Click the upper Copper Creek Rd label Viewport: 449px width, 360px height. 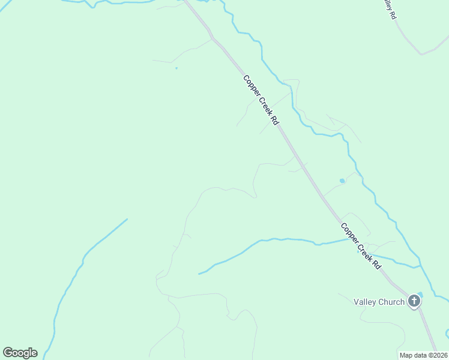(x=261, y=100)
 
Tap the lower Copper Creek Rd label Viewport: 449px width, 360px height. (x=361, y=246)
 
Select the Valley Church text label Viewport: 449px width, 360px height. (x=379, y=302)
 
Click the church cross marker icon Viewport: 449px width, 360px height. (x=414, y=301)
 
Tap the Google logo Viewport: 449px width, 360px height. (x=20, y=353)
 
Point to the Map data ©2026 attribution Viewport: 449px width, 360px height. (x=423, y=355)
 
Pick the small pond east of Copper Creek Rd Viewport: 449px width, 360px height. (x=342, y=180)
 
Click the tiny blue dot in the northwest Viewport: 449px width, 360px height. (x=176, y=68)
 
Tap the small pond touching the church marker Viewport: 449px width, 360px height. (x=420, y=294)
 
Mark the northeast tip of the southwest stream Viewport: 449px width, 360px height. (x=127, y=219)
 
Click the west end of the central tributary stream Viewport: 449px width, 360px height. (x=199, y=274)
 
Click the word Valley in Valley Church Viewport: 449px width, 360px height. (x=365, y=302)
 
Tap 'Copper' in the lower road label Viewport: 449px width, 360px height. (x=350, y=233)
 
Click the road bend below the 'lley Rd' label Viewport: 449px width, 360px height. (x=422, y=53)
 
